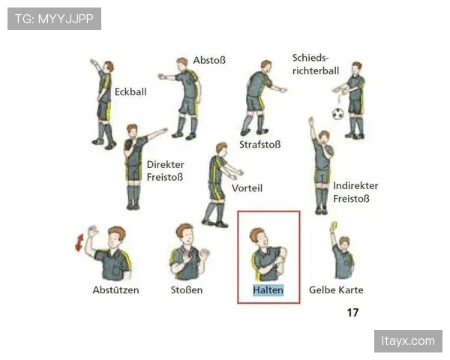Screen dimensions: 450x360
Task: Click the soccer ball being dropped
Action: pos(337,114)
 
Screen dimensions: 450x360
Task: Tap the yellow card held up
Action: pos(334,225)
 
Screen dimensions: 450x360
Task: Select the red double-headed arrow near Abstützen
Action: pos(79,242)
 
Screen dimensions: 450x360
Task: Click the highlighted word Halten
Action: pos(268,290)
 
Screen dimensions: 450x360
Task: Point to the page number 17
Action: pos(352,312)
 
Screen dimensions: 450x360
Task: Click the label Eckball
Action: pos(130,91)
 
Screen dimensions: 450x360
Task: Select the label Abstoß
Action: pos(209,60)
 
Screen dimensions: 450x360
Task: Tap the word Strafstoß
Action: pos(260,145)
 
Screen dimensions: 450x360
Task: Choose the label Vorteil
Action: pos(247,188)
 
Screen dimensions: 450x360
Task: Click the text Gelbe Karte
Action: pos(336,290)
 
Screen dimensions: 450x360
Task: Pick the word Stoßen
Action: pos(187,290)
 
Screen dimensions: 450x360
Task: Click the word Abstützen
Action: pos(115,290)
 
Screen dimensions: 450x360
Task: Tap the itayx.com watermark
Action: pos(408,341)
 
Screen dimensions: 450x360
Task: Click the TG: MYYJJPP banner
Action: pos(54,19)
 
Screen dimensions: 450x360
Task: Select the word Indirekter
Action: pos(355,186)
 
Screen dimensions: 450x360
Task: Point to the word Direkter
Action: pos(165,164)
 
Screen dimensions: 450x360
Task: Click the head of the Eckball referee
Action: pos(108,67)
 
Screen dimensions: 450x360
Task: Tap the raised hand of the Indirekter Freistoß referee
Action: pos(310,121)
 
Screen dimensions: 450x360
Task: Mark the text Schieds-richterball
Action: pos(316,64)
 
